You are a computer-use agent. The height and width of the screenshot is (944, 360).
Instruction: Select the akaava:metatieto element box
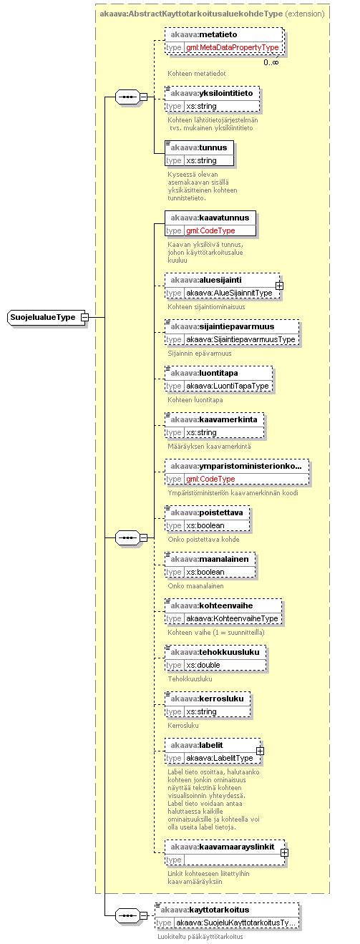pos(224,41)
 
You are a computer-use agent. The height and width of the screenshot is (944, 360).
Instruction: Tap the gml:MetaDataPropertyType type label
pos(233,48)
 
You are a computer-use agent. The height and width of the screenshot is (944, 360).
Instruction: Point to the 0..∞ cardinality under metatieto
pos(271,62)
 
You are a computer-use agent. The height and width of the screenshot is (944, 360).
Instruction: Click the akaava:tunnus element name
pos(199,147)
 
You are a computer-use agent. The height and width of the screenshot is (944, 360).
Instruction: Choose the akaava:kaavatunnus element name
pos(210,218)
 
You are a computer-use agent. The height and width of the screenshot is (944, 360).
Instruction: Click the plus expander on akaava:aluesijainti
pos(280,286)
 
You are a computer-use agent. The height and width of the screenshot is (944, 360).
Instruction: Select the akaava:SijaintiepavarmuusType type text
pos(240,340)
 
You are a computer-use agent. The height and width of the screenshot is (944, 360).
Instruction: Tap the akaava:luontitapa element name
pos(205,373)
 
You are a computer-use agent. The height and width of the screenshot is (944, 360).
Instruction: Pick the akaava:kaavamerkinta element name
pos(214,419)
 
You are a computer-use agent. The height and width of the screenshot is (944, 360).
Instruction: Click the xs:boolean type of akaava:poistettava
pos(205,525)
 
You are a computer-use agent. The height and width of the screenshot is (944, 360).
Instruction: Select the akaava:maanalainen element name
pos(210,559)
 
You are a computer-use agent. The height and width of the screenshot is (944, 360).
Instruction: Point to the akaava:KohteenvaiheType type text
pos(233,618)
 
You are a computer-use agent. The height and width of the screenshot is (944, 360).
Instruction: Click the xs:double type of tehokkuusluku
pos(203,665)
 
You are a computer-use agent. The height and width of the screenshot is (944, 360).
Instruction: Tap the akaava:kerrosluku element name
pos(208,699)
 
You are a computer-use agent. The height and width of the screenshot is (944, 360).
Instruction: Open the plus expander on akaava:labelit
pos(260,751)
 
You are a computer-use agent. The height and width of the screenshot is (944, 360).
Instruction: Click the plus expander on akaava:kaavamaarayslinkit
pos(285,853)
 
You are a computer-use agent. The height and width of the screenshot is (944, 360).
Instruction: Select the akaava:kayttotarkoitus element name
pos(205,910)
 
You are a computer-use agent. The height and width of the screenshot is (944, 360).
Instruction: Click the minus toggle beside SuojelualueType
pos(84,317)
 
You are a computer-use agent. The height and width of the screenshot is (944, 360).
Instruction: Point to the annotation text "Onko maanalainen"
pos(195,585)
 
